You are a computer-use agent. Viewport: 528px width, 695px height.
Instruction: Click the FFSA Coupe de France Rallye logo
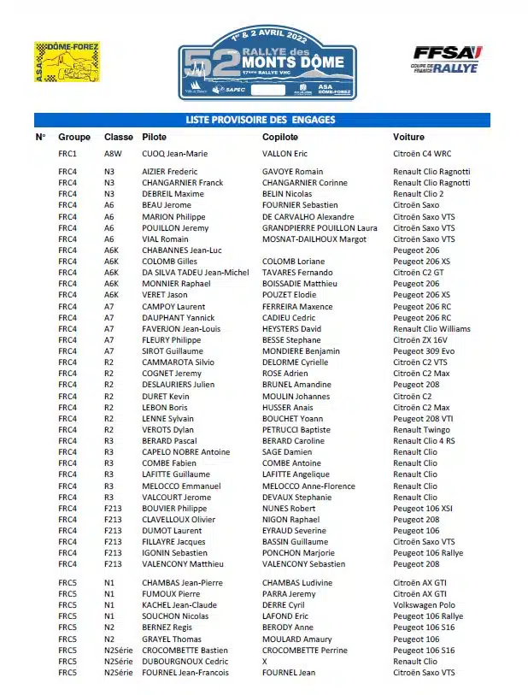tap(448, 60)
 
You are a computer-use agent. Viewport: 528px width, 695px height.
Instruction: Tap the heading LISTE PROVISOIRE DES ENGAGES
tap(261, 120)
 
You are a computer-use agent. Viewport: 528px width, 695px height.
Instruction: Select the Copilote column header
tap(279, 137)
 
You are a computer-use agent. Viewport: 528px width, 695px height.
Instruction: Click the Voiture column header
tap(408, 137)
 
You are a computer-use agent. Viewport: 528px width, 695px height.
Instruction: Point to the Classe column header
tap(119, 137)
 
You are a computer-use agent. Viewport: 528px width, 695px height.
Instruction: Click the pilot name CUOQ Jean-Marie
tap(175, 154)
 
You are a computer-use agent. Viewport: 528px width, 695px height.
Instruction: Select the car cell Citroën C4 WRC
tap(422, 154)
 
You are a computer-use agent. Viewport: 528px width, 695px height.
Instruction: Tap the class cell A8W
tap(114, 154)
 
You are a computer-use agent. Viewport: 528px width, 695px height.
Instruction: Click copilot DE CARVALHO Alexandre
tap(308, 217)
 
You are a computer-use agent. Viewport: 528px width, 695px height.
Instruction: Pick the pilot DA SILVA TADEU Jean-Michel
tap(196, 273)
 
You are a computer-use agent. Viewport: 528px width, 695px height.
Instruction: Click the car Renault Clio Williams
tap(431, 328)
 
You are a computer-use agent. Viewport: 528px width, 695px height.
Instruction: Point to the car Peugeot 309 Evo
tap(424, 350)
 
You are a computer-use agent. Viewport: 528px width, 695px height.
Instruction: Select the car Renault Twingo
tap(421, 429)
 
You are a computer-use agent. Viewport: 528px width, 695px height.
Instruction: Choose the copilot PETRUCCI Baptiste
tap(296, 429)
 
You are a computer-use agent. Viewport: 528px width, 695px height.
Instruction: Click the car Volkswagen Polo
tap(425, 604)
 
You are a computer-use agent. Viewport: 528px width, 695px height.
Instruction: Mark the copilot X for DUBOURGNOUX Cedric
tap(265, 661)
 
